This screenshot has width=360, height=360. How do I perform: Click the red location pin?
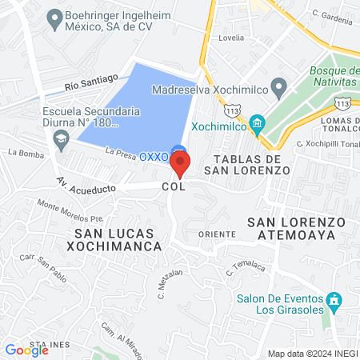(x=181, y=164)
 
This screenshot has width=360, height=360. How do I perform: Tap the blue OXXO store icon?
(x=181, y=149)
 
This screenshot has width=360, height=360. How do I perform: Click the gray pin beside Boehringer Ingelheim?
(x=55, y=17)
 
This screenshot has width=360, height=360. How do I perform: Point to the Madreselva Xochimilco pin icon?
(x=278, y=86)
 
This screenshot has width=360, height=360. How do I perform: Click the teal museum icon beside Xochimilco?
(x=257, y=123)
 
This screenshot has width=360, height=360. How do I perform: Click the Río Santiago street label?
(x=92, y=82)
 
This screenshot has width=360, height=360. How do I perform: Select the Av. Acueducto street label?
(x=86, y=186)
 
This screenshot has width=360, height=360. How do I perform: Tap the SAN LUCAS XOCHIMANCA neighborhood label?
(x=118, y=239)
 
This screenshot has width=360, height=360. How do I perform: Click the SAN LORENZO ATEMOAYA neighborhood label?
(x=296, y=228)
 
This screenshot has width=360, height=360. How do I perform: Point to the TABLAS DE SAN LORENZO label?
(x=246, y=164)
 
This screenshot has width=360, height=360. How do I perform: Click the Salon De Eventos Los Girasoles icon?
(x=334, y=302)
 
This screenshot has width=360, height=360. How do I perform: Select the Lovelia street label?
(x=231, y=37)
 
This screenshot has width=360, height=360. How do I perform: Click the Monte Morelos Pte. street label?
(x=70, y=210)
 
